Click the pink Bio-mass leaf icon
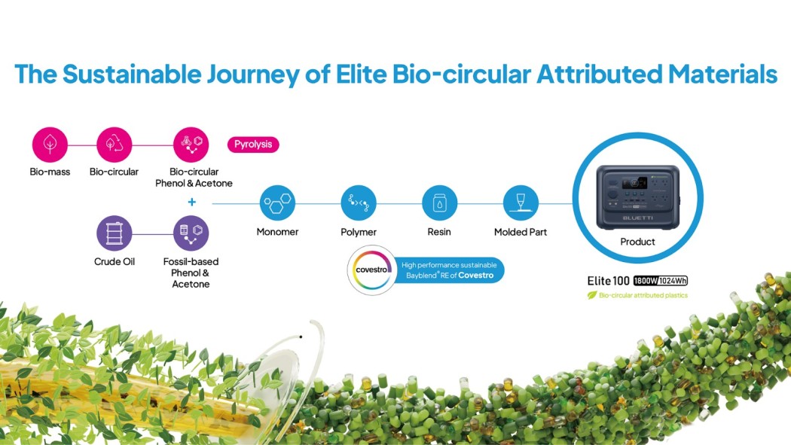point(50,145)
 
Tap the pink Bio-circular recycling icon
point(114,145)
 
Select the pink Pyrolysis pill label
point(253,144)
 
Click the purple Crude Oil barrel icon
point(114,233)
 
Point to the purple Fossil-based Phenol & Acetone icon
point(191,233)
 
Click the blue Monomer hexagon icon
point(277,203)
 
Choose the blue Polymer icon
point(359,203)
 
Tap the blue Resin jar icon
point(439,203)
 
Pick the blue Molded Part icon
point(521,203)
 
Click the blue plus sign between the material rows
point(191,202)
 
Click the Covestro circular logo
point(372,270)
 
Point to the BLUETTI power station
point(638,197)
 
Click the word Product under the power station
point(637,242)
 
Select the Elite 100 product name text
point(609,281)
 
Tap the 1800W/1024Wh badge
point(661,281)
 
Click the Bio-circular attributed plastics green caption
point(637,295)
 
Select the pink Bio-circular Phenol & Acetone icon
point(191,145)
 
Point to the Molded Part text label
point(521,232)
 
